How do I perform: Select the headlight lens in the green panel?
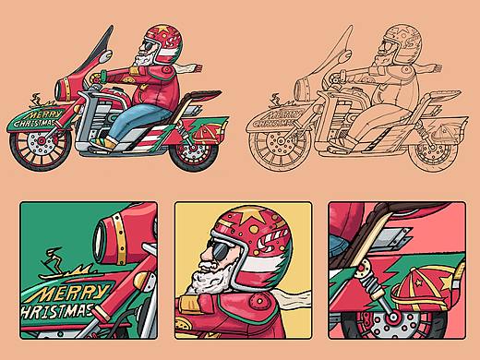[x=99, y=244]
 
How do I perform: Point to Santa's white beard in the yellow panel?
[x=212, y=275]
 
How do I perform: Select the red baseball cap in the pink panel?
[x=423, y=288]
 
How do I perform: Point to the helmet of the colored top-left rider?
[x=163, y=43]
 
